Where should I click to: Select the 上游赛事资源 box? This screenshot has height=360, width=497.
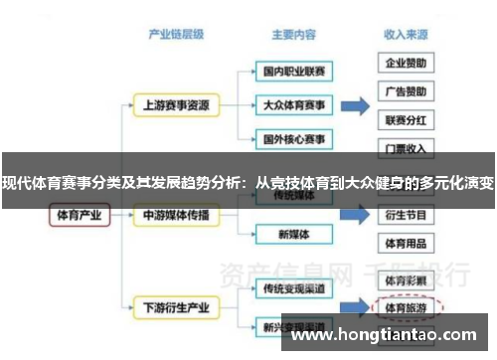(176, 103)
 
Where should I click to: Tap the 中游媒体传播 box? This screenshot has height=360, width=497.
(176, 214)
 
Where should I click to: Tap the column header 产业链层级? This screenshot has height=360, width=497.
(176, 33)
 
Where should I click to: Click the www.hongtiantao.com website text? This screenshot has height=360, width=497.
(388, 336)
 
